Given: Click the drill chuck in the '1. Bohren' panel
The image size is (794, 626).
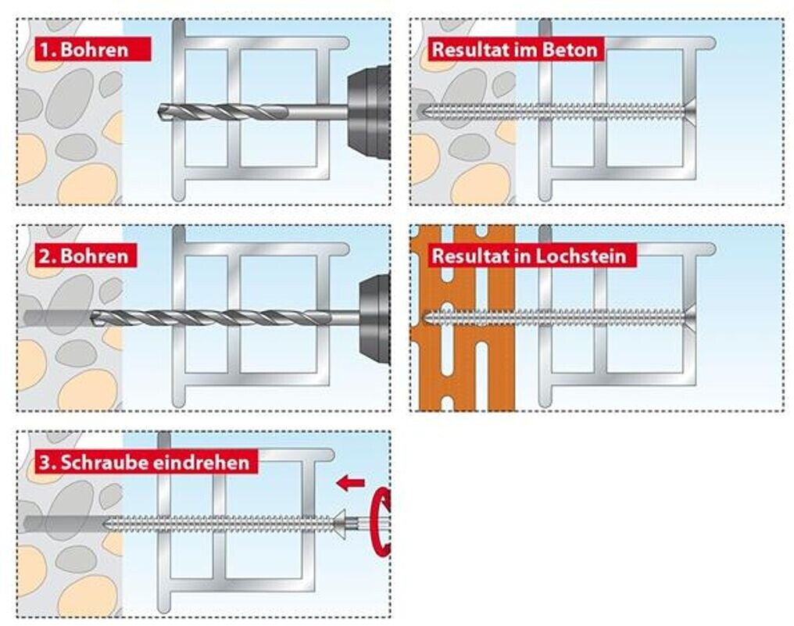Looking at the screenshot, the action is (369, 112).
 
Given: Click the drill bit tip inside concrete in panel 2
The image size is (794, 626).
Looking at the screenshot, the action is (93, 318).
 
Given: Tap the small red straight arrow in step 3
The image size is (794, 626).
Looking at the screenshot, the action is (350, 483).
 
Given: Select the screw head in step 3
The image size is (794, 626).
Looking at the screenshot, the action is (340, 524).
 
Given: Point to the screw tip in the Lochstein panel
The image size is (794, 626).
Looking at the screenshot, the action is (426, 318).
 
